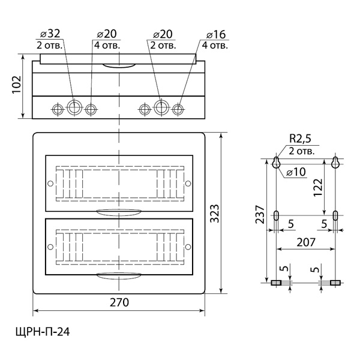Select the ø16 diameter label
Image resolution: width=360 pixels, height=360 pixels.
216,34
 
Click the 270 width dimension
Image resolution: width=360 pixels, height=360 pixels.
120,303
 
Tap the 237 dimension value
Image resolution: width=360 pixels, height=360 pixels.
258,214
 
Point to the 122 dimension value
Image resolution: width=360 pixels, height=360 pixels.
319,187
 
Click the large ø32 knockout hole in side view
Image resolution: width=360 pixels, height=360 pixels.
74,108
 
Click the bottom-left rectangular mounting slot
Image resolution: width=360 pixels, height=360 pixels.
276,282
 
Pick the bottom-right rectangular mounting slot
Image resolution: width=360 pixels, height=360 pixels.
335,282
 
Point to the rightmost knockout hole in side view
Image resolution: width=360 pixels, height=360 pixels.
179,109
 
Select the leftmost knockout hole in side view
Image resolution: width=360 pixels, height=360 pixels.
58,109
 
